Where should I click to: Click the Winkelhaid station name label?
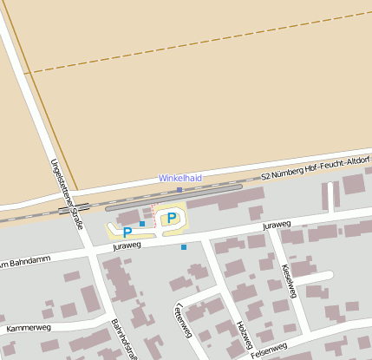(179, 178)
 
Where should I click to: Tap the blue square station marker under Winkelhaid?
(179, 189)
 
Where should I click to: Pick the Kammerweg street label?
(29, 329)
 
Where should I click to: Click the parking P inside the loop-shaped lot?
(172, 217)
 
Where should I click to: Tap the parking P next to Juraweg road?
(127, 232)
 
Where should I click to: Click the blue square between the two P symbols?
(142, 224)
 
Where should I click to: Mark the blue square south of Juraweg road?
(184, 247)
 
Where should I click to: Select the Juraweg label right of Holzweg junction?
(276, 226)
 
